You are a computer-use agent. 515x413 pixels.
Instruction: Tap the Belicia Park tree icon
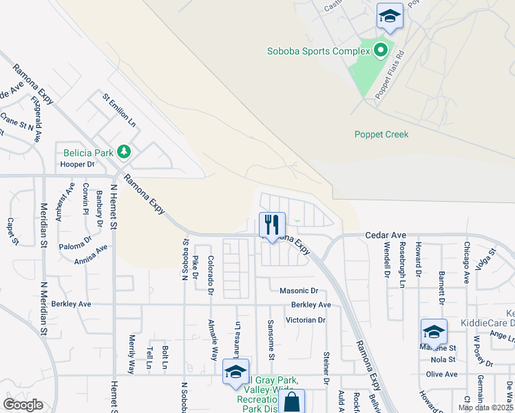click(x=124, y=151)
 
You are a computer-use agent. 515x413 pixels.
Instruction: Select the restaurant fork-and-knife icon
click(x=272, y=224)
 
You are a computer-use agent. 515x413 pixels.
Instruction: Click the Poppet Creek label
click(x=381, y=134)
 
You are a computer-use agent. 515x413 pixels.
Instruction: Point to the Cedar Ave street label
click(x=381, y=235)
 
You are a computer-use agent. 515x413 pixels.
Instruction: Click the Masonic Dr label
click(x=299, y=291)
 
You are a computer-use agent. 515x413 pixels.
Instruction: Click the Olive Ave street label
click(x=441, y=374)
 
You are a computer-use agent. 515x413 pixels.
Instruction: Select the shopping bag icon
click(x=291, y=402)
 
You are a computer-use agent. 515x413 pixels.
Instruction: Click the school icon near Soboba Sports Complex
click(x=390, y=17)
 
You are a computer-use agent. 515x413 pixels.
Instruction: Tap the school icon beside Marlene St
click(x=434, y=332)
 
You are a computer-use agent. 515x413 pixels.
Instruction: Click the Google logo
click(x=23, y=405)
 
